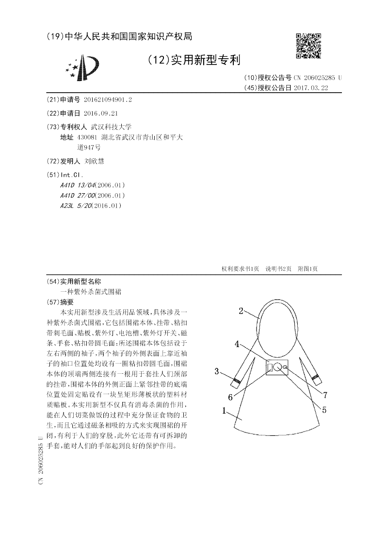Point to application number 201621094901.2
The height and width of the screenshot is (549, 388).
[x=108, y=100]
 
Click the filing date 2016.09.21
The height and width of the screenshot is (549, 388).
[x=100, y=113]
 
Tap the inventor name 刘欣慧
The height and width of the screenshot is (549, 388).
[x=94, y=161]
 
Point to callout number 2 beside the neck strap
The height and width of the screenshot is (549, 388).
[x=241, y=311]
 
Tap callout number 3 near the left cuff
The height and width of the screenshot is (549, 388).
[x=218, y=372]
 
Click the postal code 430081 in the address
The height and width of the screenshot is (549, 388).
[x=87, y=137]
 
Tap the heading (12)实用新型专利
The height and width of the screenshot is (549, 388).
[x=194, y=60]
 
